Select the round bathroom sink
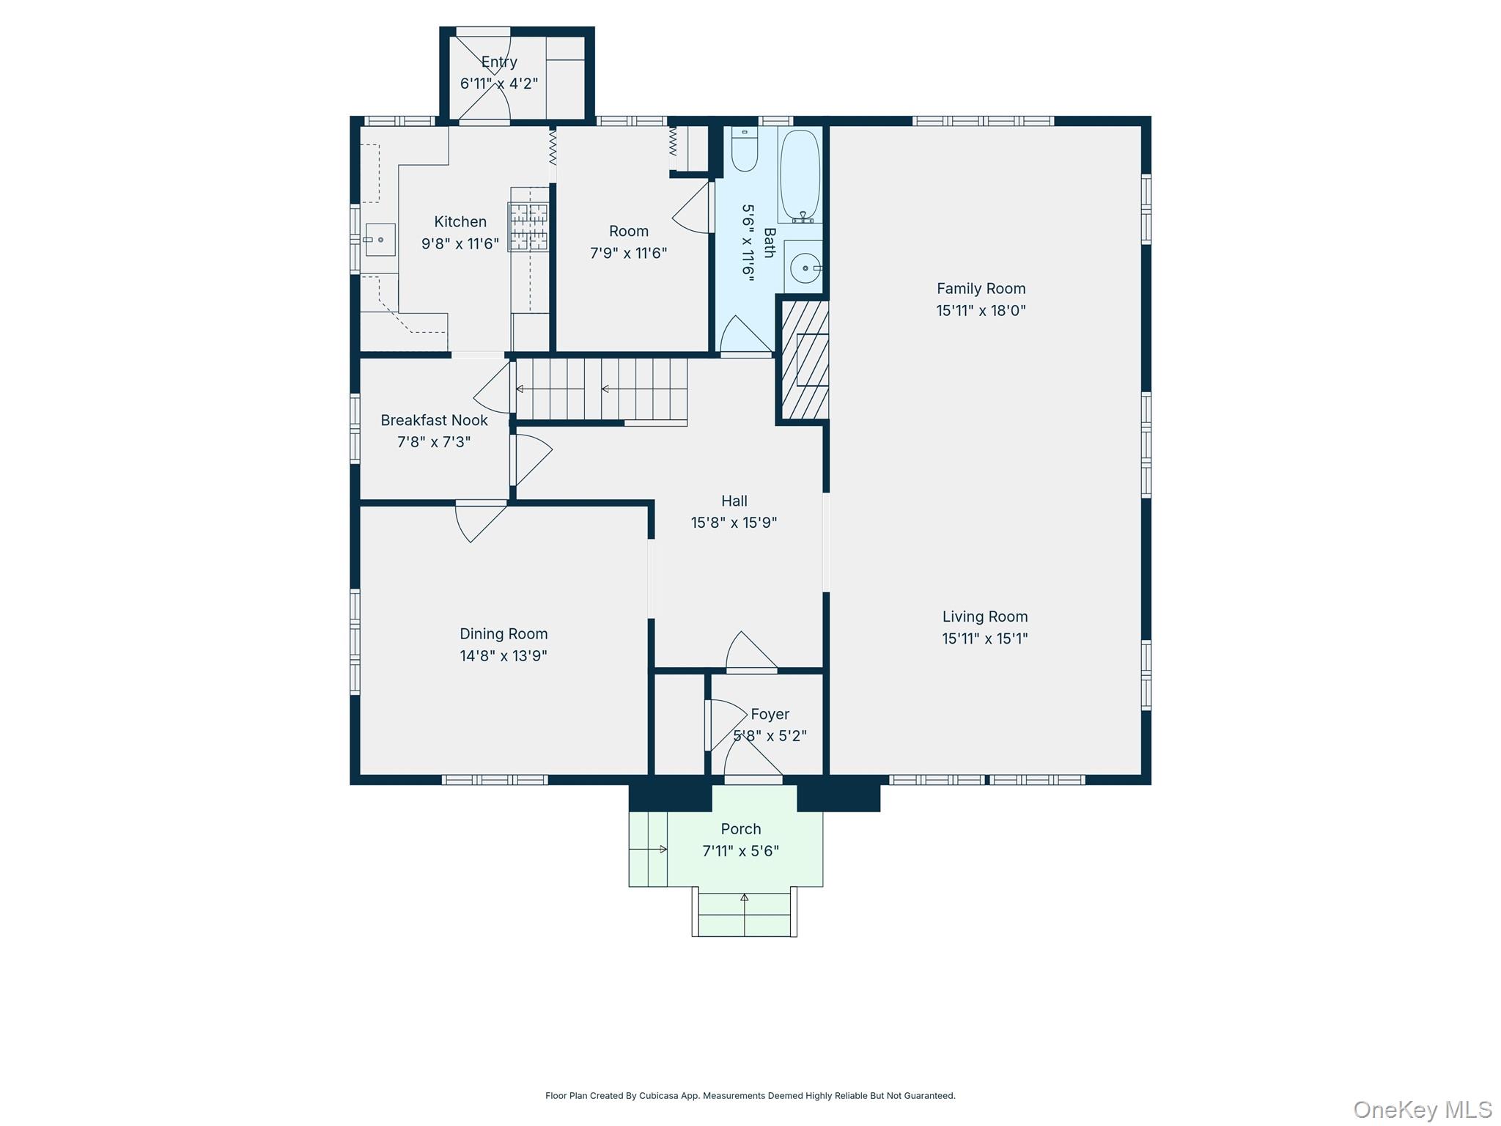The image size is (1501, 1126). (804, 268)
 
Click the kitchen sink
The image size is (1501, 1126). (380, 240)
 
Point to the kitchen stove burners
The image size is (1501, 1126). (528, 227)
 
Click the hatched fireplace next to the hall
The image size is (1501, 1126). (804, 360)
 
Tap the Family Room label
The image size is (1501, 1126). (981, 289)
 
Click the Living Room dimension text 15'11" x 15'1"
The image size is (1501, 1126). (984, 639)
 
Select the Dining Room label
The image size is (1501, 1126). (504, 634)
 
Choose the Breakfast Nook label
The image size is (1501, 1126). (434, 420)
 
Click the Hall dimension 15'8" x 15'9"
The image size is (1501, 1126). (734, 523)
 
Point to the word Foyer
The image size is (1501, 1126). (770, 714)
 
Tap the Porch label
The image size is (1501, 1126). (741, 829)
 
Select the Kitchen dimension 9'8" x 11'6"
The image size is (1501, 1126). (460, 243)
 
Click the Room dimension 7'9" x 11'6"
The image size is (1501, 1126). (628, 253)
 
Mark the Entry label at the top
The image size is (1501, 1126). (499, 62)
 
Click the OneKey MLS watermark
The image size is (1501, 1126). (1423, 1109)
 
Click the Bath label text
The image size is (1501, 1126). (769, 243)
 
